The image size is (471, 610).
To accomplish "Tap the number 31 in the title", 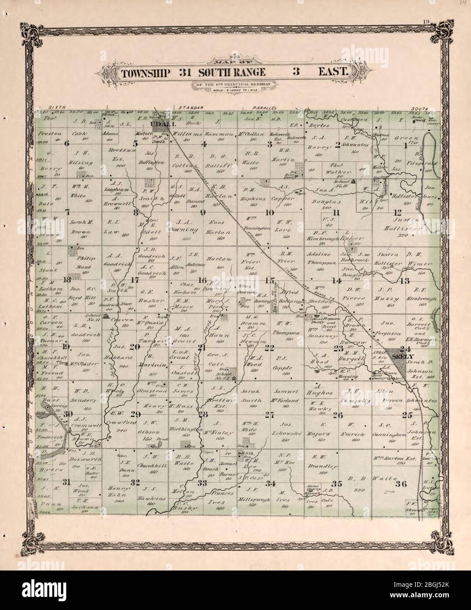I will [185, 72].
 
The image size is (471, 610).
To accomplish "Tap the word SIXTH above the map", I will [57, 107].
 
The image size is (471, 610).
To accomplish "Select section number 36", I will [401, 484].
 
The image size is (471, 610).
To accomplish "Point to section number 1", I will [406, 147].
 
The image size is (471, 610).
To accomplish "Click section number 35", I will [336, 484].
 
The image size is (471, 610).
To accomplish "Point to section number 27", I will [269, 415].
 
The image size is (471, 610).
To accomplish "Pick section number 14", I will [336, 280].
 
